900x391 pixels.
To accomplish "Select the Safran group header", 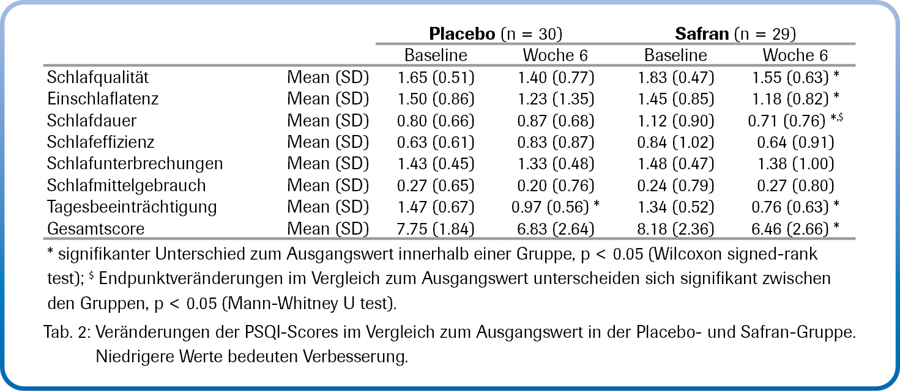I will click(702, 33).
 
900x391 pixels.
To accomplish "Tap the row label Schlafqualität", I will click(98, 78).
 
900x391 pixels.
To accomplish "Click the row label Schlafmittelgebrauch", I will click(126, 185).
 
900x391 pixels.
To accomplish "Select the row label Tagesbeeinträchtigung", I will click(132, 206).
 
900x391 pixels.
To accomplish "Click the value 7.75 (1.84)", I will click(436, 228).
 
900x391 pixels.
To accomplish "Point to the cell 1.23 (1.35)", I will click(555, 99).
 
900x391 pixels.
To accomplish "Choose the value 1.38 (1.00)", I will click(795, 163).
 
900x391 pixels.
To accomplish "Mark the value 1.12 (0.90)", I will click(675, 120).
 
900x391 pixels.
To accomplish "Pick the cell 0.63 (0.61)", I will click(436, 142).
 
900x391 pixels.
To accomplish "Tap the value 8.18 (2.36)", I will click(675, 228).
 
